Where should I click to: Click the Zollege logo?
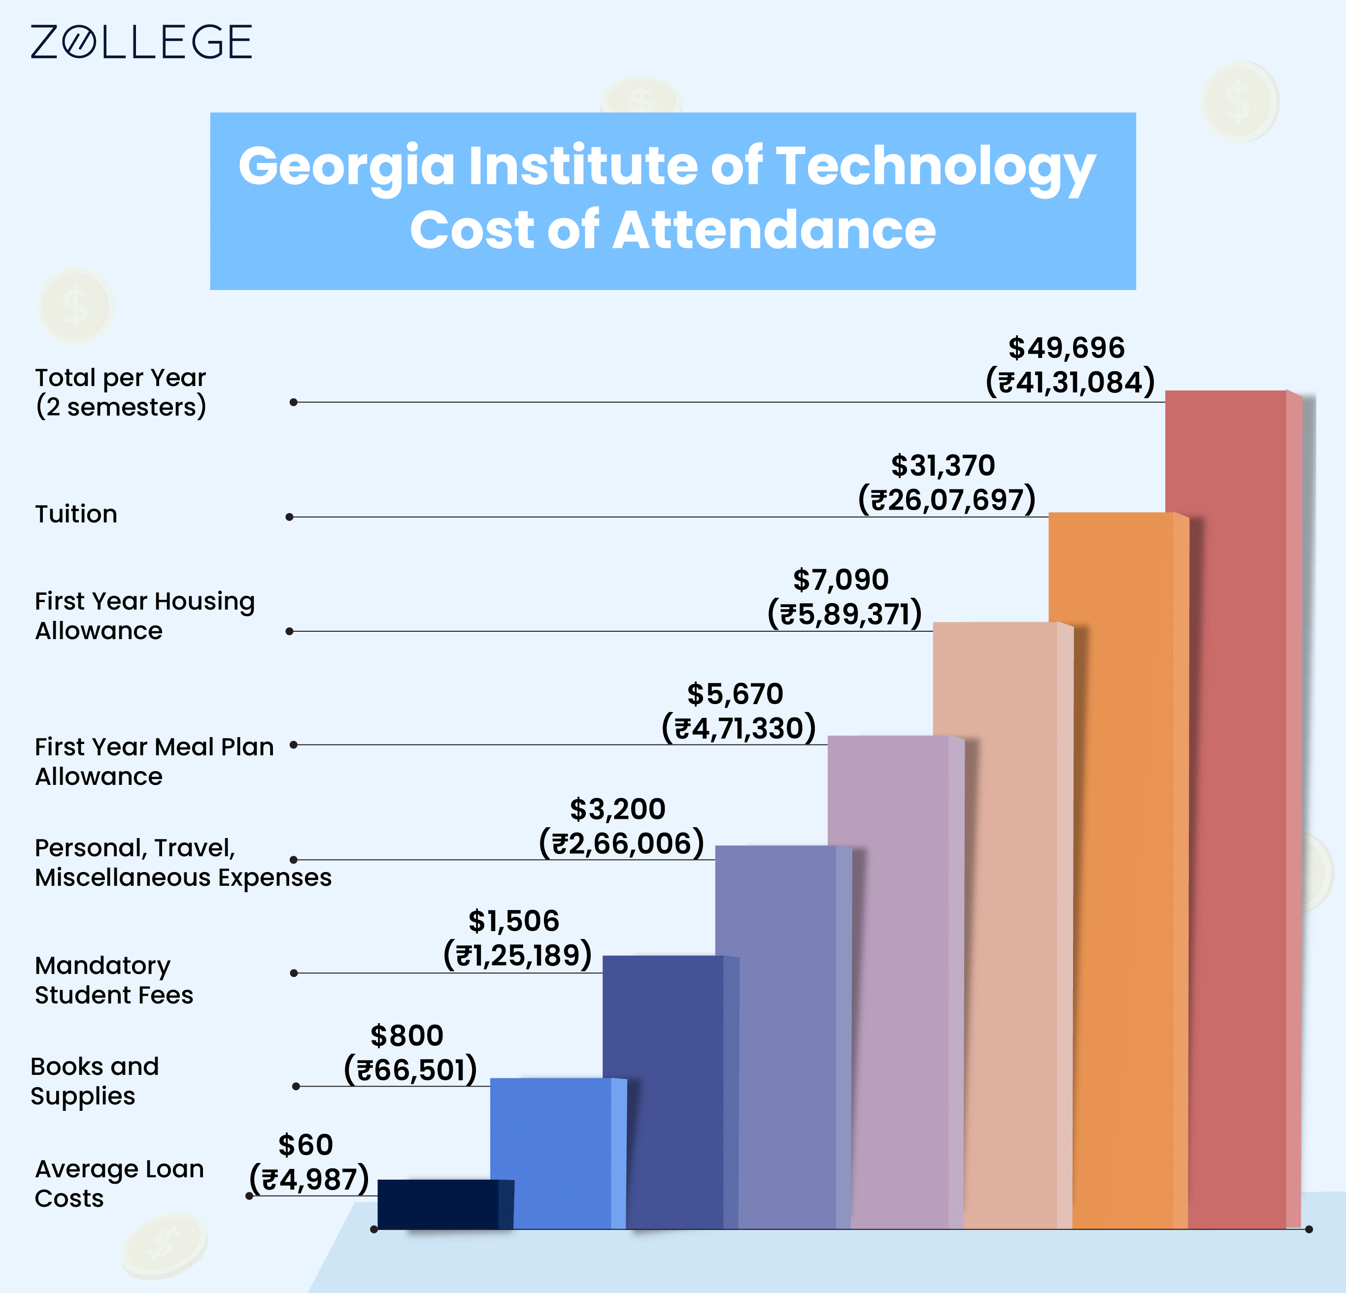pyautogui.click(x=141, y=42)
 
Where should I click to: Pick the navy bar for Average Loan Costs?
pyautogui.click(x=437, y=1204)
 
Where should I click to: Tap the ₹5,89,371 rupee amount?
pyautogui.click(x=844, y=614)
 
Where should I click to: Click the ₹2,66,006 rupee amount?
pyautogui.click(x=621, y=843)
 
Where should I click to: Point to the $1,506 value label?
pyautogui.click(x=514, y=921)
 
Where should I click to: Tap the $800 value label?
pyautogui.click(x=406, y=1035)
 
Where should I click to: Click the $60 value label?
pyautogui.click(x=305, y=1145)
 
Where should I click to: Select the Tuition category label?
pyautogui.click(x=76, y=514)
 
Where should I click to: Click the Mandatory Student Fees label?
pyautogui.click(x=113, y=980)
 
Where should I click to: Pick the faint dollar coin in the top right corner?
pyautogui.click(x=1240, y=101)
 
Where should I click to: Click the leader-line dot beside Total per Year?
pyautogui.click(x=293, y=402)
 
